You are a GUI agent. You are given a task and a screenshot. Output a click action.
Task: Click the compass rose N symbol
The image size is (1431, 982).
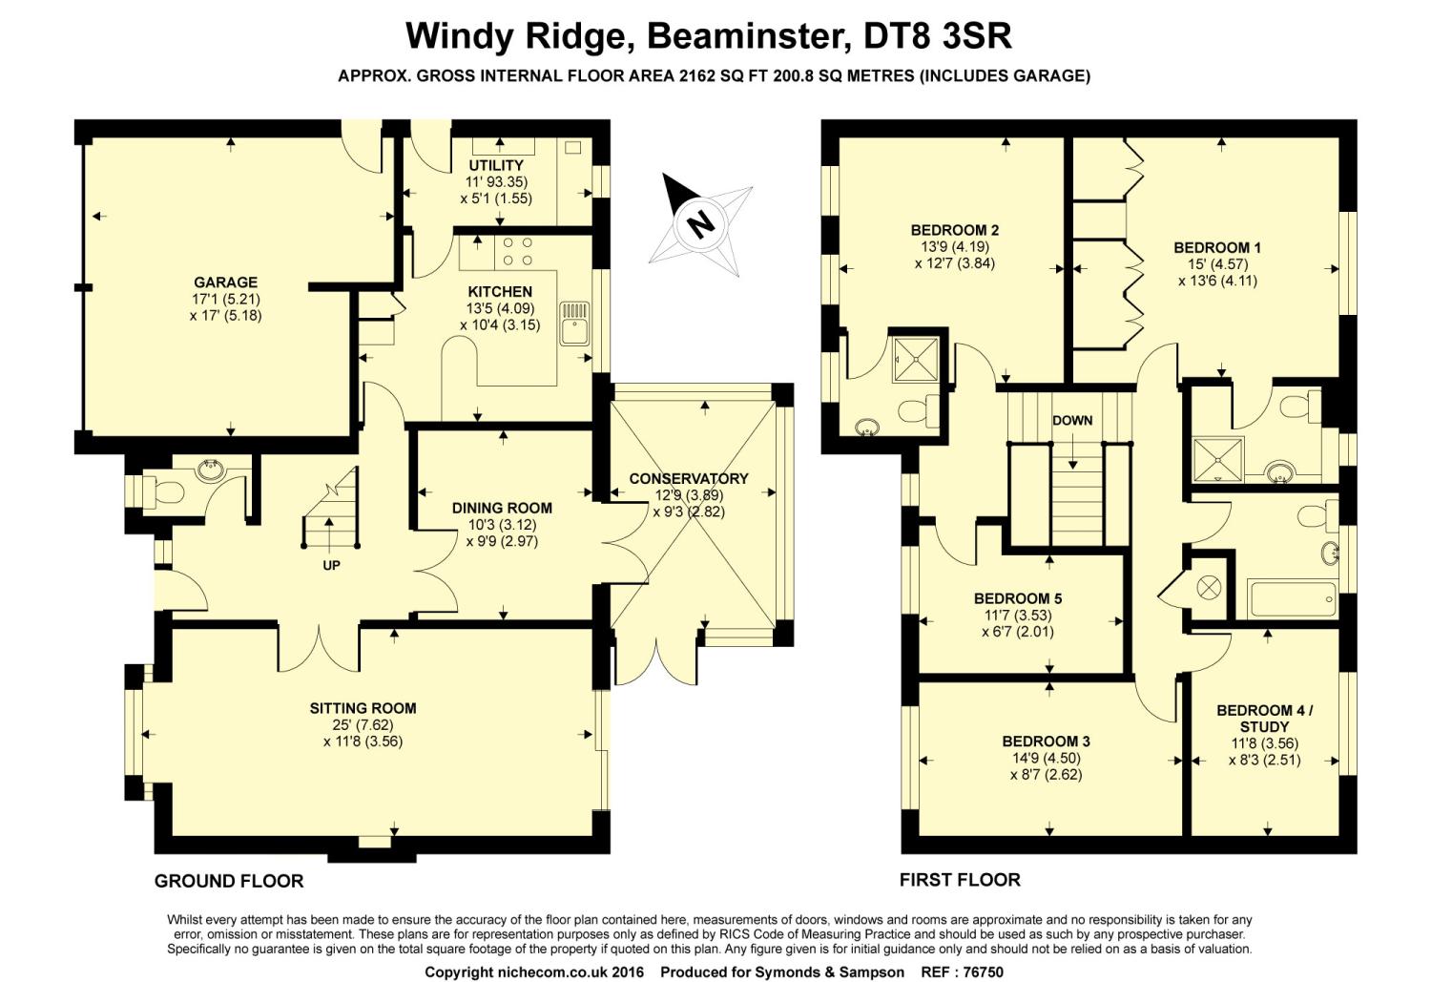[700, 224]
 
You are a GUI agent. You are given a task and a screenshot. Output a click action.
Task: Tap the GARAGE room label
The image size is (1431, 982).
[225, 282]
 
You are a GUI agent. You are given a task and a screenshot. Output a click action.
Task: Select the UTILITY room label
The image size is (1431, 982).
[496, 166]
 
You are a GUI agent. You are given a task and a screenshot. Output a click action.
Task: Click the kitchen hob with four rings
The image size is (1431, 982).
[516, 250]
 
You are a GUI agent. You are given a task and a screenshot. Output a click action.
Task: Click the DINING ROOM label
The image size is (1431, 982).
[502, 508]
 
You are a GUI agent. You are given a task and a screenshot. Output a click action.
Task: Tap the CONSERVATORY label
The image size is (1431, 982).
[689, 478]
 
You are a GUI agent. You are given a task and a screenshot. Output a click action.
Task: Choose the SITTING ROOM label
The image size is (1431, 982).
[363, 708]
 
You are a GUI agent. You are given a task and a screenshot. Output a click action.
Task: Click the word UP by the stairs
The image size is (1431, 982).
[331, 565]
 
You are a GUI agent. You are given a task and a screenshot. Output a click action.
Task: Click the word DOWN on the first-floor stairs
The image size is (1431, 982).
[1072, 420]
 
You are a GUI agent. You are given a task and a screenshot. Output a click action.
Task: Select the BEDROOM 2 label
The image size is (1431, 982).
[954, 230]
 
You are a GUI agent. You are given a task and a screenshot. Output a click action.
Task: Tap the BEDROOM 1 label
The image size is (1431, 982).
[1217, 248]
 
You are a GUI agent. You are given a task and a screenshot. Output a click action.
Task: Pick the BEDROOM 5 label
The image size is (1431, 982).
[1018, 598]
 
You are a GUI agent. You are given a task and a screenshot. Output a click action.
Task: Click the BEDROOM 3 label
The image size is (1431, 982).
[1046, 742]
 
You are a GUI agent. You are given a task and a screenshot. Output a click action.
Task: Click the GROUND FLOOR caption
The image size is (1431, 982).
[229, 881]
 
